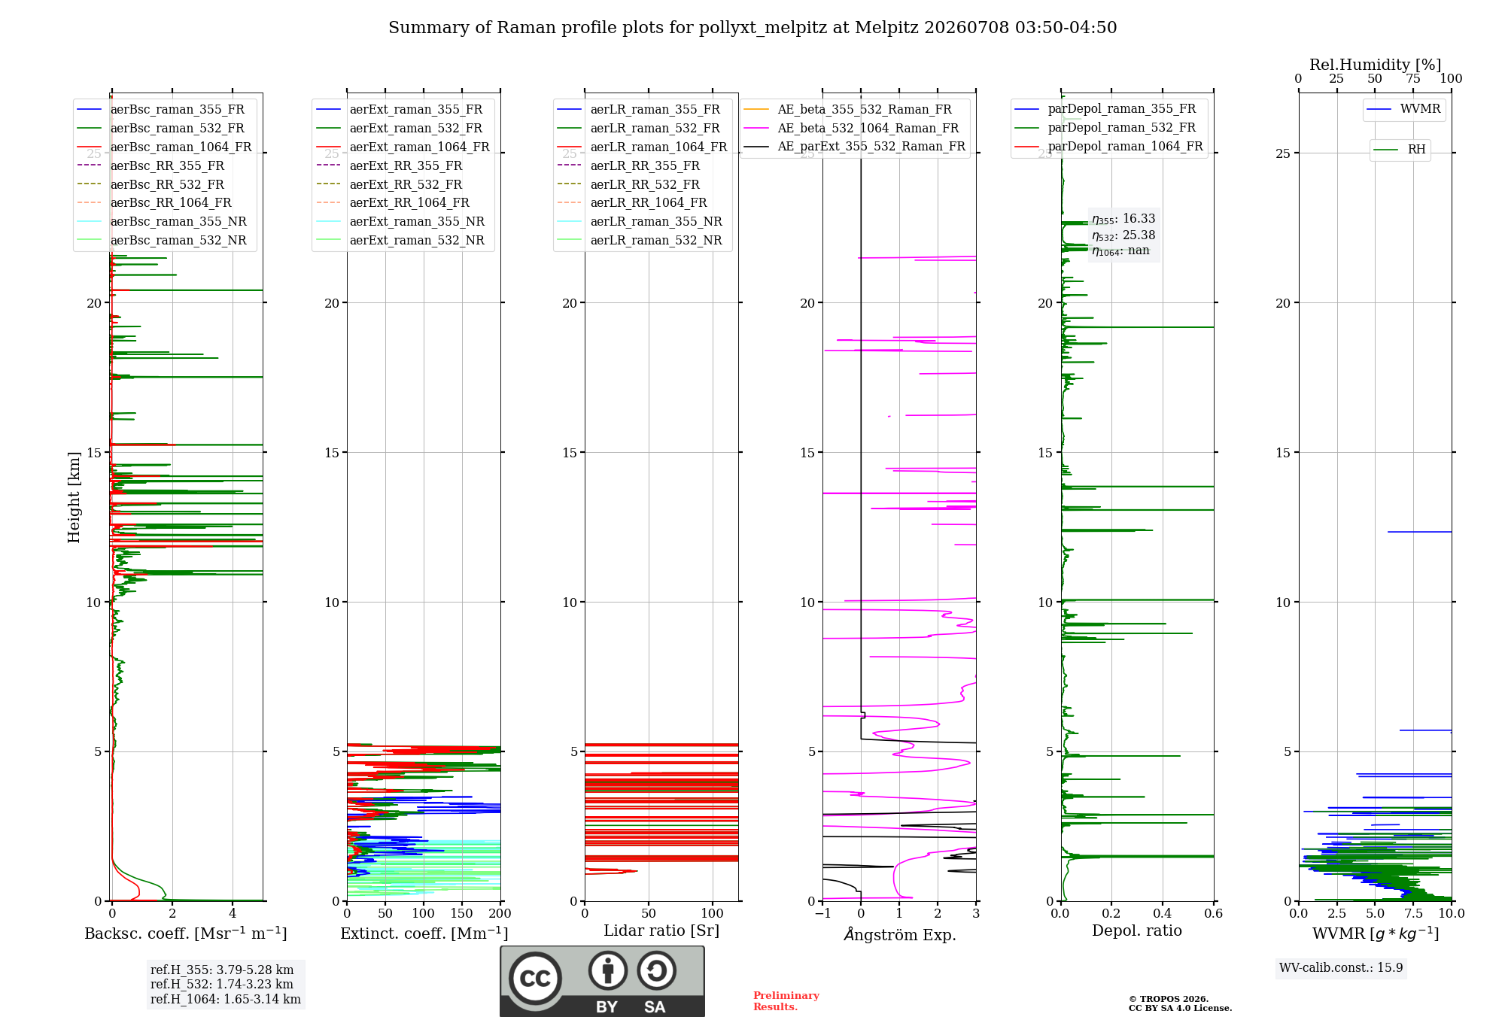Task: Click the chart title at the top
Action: (x=752, y=28)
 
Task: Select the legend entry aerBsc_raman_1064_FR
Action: (x=181, y=147)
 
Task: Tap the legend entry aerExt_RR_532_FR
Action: (x=406, y=184)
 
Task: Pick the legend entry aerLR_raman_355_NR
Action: (x=656, y=221)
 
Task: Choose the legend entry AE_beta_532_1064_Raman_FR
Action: (x=868, y=128)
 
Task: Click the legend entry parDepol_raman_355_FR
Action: (x=1121, y=109)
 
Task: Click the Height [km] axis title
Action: (x=74, y=497)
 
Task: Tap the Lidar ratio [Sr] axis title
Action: (x=661, y=930)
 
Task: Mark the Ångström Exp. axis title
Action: (x=900, y=934)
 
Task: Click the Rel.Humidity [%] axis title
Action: (x=1375, y=65)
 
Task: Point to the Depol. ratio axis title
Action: (x=1137, y=930)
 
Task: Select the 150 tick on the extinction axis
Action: (x=462, y=913)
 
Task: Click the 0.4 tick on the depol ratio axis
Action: (x=1163, y=913)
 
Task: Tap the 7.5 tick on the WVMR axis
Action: (x=1413, y=913)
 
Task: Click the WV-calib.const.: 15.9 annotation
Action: (x=1341, y=967)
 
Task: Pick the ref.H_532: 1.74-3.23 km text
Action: (x=222, y=984)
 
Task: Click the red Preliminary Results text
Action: (x=786, y=1001)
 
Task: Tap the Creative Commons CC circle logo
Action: (x=535, y=978)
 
